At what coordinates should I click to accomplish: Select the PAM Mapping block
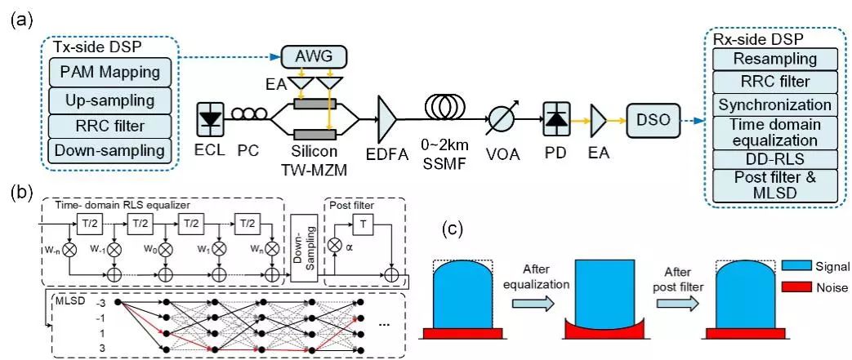pos(109,73)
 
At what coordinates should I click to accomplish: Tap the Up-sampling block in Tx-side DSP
pos(109,100)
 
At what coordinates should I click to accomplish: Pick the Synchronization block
pos(774,104)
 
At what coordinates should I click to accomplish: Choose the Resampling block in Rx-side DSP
pos(774,59)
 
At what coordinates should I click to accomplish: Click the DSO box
pos(650,119)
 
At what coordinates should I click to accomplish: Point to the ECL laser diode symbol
pos(211,119)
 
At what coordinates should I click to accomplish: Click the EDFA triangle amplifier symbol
pos(386,120)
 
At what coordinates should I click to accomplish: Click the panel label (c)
pos(453,231)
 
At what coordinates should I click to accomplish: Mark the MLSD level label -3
pos(99,301)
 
